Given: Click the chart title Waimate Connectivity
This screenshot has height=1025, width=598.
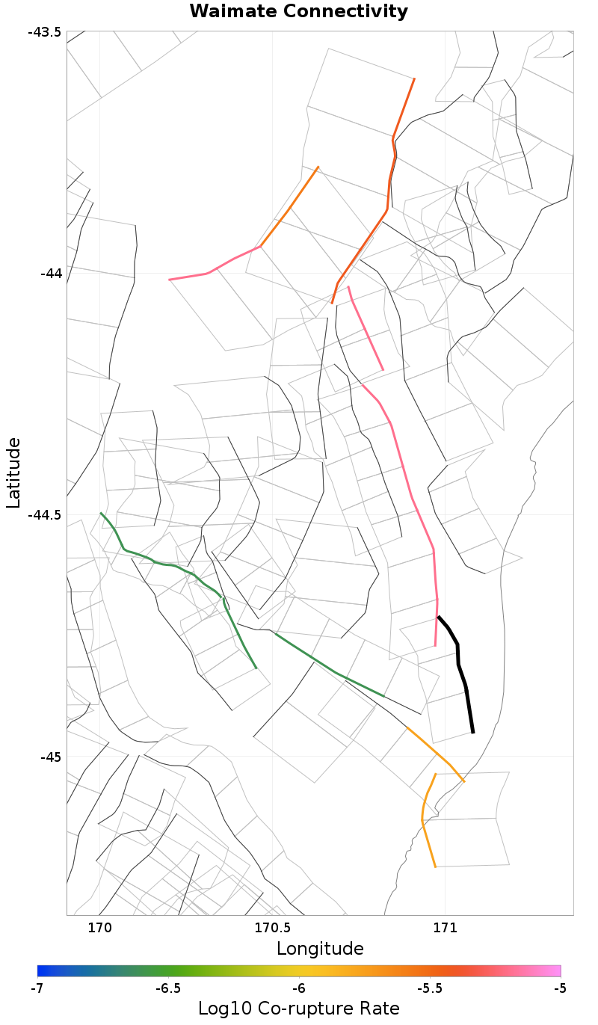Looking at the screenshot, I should point(298,11).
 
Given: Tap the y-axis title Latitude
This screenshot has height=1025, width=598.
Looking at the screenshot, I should point(13,473).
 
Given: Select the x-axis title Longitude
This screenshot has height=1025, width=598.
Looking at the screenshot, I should point(320,949).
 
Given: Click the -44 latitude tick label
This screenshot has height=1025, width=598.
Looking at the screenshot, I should point(49,274).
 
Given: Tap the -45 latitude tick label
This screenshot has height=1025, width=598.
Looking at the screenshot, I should point(49,757).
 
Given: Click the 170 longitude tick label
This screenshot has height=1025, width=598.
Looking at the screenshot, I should point(99,928).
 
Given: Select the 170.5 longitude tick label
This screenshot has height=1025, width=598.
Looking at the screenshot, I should point(272,928).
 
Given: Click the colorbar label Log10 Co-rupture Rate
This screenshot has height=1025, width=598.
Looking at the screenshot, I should point(299,1008).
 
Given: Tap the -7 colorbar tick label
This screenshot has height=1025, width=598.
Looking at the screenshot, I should point(37,988).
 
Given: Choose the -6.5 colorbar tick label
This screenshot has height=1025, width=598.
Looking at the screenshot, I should point(168,988).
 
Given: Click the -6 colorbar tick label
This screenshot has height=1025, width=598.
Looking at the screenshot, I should point(299,988).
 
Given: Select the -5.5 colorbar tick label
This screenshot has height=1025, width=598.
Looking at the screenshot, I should point(430,988).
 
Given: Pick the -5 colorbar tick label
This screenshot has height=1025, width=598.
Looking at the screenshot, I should point(560,988).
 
